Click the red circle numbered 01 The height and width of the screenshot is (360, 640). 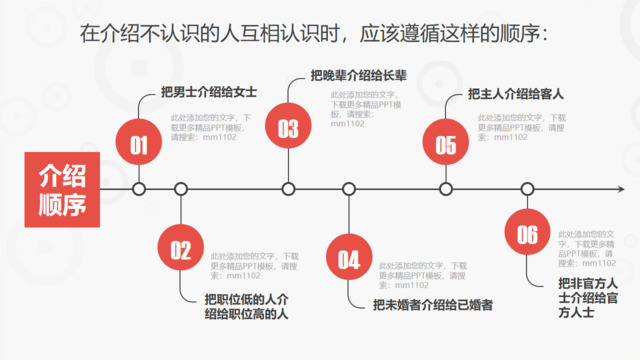pyautogui.click(x=139, y=146)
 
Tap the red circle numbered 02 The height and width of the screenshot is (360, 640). pyautogui.click(x=180, y=250)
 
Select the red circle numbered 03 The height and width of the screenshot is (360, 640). pyautogui.click(x=288, y=128)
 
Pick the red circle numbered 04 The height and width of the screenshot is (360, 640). pyautogui.click(x=348, y=260)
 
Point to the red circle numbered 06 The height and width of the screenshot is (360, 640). pyautogui.click(x=527, y=234)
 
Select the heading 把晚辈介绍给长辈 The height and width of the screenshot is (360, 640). pyautogui.click(x=359, y=74)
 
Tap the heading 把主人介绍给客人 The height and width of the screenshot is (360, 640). pyautogui.click(x=516, y=95)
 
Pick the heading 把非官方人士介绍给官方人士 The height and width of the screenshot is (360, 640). pyautogui.click(x=589, y=297)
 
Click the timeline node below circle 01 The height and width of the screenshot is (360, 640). pyautogui.click(x=139, y=188)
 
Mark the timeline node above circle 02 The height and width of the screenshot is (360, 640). pyautogui.click(x=180, y=188)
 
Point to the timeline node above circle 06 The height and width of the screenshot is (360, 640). pyautogui.click(x=527, y=188)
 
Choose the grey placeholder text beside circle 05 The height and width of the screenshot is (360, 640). pyautogui.click(x=518, y=124)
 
